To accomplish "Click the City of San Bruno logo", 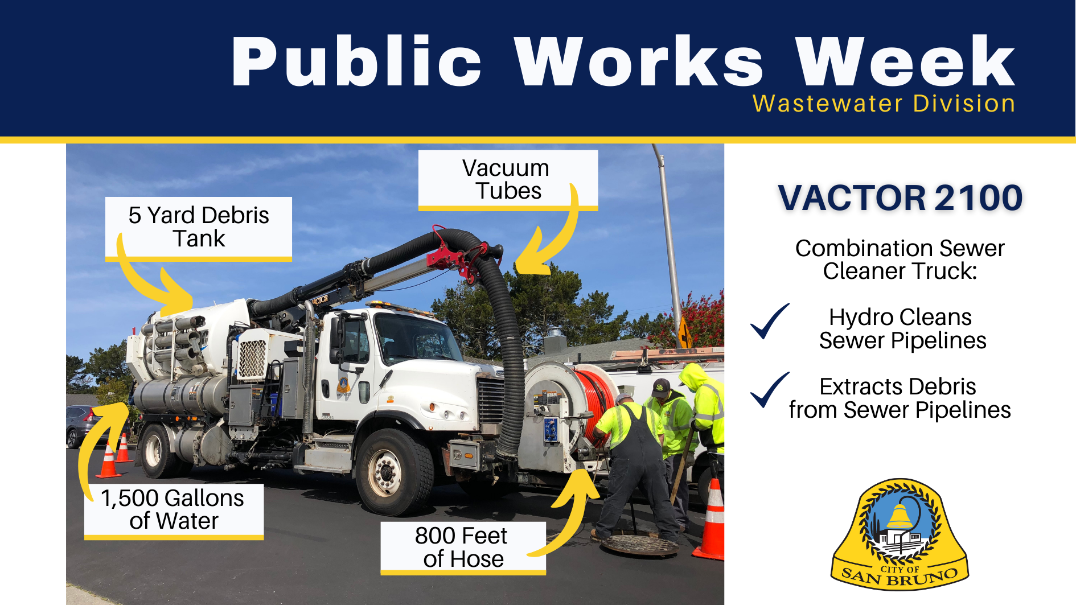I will (900, 534).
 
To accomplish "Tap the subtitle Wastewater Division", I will (884, 104).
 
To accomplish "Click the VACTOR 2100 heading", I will (900, 198).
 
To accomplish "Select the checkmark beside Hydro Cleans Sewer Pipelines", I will (769, 322).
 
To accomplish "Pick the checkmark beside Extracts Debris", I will (769, 390).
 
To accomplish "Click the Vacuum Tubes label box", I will (507, 179).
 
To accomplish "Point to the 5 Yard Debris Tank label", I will (199, 227).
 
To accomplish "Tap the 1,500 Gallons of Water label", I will (174, 509).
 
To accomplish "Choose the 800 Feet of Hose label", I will (463, 547).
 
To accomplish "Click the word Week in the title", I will (905, 61).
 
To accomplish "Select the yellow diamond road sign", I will (685, 334).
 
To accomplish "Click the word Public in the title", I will (356, 61).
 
